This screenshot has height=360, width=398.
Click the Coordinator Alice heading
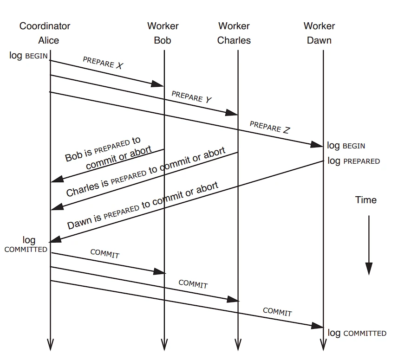point(45,33)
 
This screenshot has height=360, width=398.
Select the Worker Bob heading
point(163,33)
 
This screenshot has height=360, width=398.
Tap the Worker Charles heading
point(234,33)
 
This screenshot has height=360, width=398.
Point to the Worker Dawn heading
point(319,33)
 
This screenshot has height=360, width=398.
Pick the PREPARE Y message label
point(191,97)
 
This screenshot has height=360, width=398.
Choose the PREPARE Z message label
point(269,127)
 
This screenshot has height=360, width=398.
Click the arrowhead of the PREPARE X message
point(157,84)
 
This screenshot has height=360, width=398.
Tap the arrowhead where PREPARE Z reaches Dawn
point(317,144)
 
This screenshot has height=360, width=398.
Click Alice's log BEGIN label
point(28,55)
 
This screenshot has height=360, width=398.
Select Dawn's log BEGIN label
point(346,146)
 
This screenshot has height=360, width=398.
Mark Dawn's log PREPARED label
point(353,161)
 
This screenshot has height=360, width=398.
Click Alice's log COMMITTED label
point(26,244)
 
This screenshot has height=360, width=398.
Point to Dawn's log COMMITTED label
point(357,333)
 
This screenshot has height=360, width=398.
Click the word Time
point(366,200)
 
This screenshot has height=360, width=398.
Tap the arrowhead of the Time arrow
point(369,269)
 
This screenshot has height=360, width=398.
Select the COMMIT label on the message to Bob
point(105,253)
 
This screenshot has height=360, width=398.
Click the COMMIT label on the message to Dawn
point(277,312)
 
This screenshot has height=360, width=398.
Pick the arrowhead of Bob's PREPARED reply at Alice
point(57,179)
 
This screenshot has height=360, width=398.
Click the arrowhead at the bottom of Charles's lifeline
point(238,345)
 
